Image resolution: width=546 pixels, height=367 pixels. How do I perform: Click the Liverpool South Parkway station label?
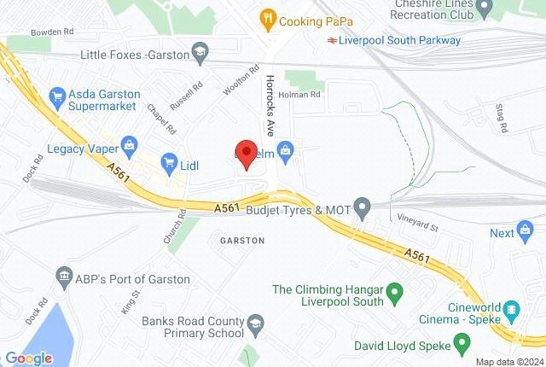click(398, 40)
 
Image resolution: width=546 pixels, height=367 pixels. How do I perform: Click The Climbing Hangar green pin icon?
click(394, 296)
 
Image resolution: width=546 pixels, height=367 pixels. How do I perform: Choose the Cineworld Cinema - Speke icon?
click(510, 309)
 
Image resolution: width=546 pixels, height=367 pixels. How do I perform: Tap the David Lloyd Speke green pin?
click(462, 346)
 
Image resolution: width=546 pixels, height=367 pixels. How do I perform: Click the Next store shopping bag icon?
click(527, 232)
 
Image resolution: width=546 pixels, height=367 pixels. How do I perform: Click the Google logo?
click(28, 358)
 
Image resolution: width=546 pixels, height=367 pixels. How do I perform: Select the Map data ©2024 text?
click(509, 361)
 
